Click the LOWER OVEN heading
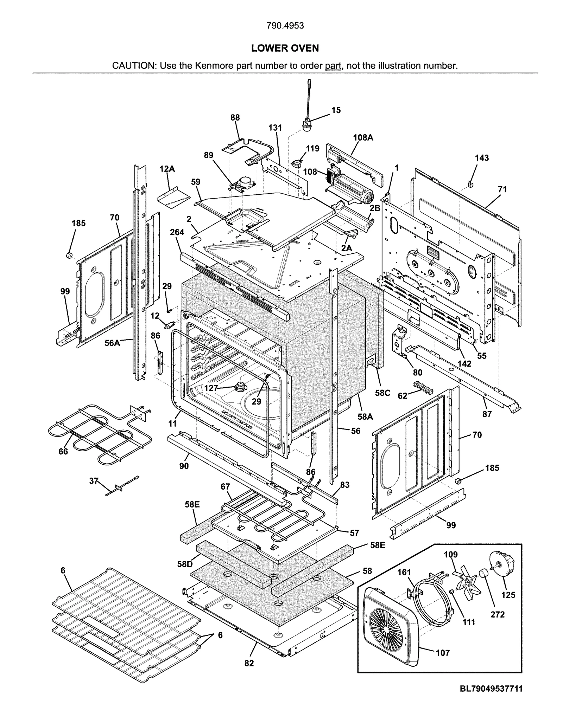click(x=285, y=48)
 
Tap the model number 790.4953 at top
click(x=285, y=26)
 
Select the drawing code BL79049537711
click(x=491, y=688)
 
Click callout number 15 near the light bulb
click(x=336, y=110)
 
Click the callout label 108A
click(x=363, y=138)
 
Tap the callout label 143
click(x=481, y=158)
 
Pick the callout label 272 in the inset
click(x=497, y=614)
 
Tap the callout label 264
click(x=177, y=232)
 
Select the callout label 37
click(x=94, y=481)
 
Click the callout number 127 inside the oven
click(x=211, y=388)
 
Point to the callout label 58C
click(x=382, y=393)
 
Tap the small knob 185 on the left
click(x=69, y=254)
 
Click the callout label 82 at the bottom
click(x=249, y=663)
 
